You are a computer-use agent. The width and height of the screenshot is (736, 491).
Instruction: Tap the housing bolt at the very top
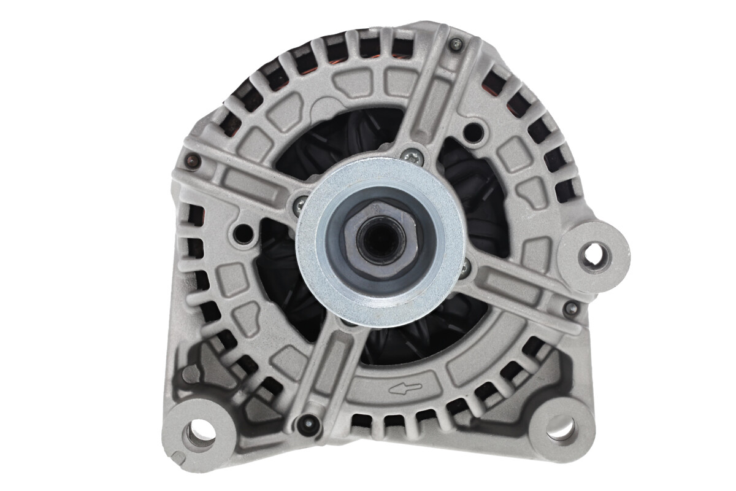(x=455, y=44)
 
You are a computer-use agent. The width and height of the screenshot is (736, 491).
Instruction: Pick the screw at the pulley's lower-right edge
(x=465, y=266)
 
